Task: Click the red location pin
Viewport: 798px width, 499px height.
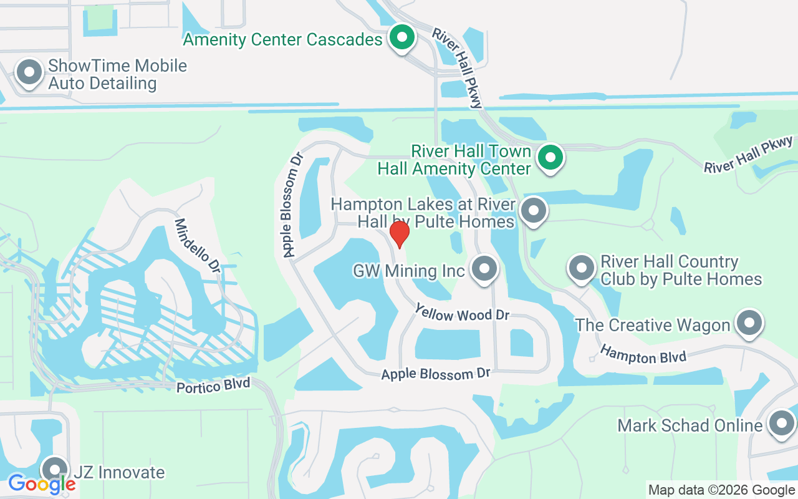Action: tap(399, 234)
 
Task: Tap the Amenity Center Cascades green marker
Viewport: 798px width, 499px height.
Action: tap(403, 37)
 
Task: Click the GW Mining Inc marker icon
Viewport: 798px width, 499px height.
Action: tap(483, 269)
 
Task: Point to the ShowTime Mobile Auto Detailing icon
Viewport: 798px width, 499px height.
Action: tap(29, 72)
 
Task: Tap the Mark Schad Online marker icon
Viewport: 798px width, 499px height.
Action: tap(781, 424)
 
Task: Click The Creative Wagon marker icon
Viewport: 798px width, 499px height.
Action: tap(749, 323)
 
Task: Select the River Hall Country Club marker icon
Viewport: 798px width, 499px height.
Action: tap(581, 268)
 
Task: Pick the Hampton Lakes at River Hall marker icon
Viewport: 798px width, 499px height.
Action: tap(533, 210)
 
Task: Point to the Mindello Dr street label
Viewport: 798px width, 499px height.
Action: tap(197, 246)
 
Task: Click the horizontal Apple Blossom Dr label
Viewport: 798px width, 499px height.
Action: tap(436, 374)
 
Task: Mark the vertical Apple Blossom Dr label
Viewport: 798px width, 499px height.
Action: tap(292, 205)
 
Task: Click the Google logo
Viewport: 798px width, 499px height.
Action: tap(42, 483)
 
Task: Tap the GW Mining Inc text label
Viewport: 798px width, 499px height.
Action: tap(409, 271)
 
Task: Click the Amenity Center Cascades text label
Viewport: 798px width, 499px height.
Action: tap(282, 40)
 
